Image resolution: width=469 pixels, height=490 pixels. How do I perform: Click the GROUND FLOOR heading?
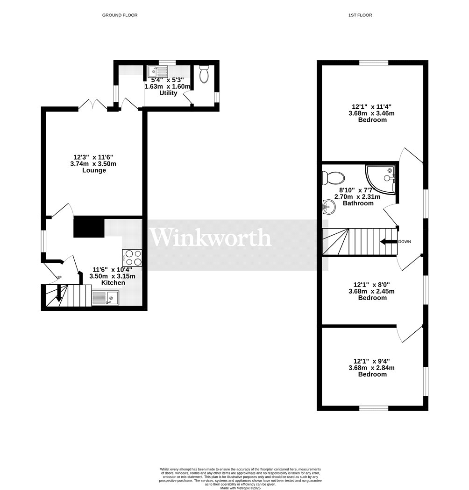click(x=120, y=15)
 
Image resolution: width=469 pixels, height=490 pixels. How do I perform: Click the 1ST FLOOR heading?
click(x=360, y=15)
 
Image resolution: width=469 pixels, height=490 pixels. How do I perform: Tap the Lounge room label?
click(x=94, y=170)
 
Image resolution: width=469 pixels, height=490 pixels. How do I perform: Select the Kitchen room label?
click(x=113, y=283)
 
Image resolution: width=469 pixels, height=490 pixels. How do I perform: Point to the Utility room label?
click(x=168, y=93)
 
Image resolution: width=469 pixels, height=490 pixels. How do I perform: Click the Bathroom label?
click(x=358, y=203)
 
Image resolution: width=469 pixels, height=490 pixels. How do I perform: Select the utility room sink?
click(x=158, y=72)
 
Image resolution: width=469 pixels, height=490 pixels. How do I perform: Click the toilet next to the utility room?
click(x=204, y=75)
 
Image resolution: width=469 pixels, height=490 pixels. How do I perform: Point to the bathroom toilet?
click(x=334, y=177)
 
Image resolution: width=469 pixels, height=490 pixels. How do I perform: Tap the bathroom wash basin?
click(x=329, y=206)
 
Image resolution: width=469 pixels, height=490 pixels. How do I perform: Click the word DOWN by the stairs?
click(x=405, y=241)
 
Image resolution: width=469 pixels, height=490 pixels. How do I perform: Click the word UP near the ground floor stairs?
click(x=59, y=278)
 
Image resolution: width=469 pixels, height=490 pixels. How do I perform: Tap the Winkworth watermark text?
click(x=210, y=238)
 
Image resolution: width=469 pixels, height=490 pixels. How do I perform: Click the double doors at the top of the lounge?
click(x=92, y=105)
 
